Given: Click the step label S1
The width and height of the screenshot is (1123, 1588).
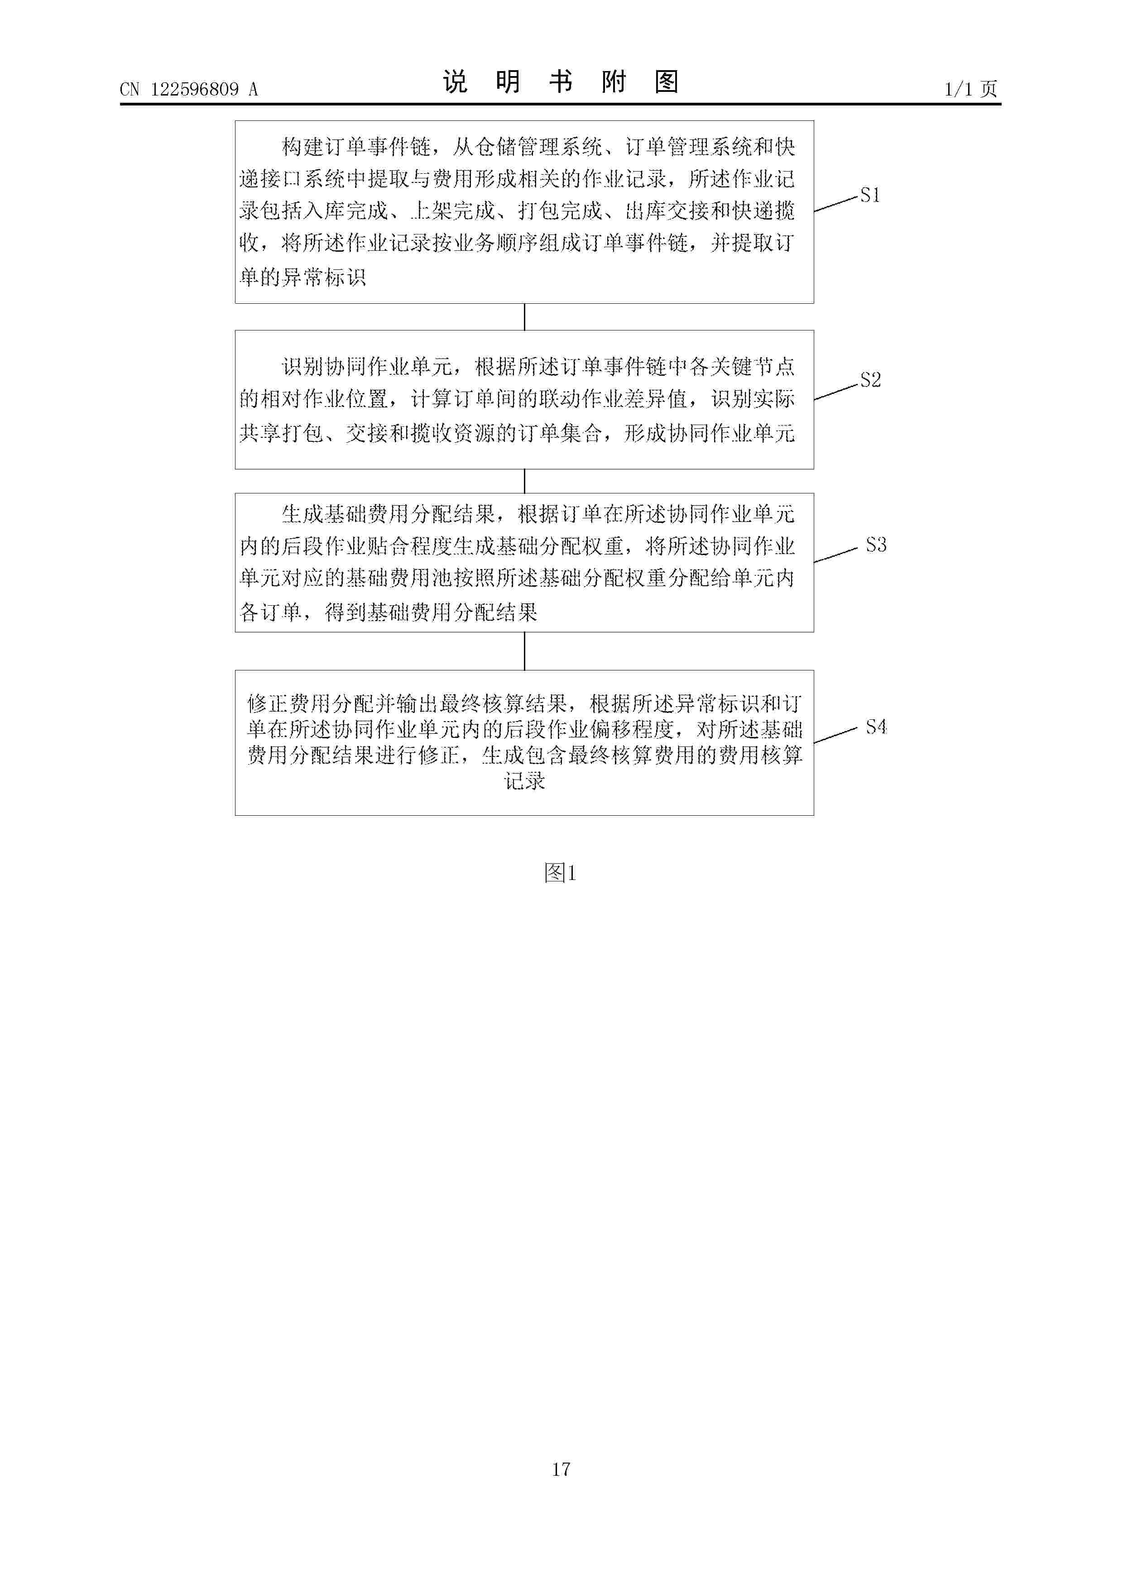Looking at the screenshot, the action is [870, 196].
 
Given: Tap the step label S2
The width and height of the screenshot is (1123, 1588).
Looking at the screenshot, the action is [870, 380].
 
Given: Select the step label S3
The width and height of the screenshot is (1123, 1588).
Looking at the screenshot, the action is [876, 545].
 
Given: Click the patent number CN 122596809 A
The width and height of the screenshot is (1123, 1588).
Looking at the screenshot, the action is [189, 89].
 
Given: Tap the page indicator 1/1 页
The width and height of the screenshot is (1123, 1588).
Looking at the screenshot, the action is [971, 89].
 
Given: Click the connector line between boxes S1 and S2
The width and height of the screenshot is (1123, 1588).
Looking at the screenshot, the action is [524, 317].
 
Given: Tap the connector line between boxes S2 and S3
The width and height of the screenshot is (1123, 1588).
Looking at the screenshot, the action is [524, 481].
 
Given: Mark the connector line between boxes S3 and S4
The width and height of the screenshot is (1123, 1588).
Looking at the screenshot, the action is [524, 651].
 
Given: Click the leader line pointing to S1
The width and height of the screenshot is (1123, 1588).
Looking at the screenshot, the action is [836, 203].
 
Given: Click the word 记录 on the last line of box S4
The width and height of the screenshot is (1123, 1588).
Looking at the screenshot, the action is [524, 781].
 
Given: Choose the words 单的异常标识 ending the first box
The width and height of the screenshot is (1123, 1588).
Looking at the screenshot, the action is [303, 277].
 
